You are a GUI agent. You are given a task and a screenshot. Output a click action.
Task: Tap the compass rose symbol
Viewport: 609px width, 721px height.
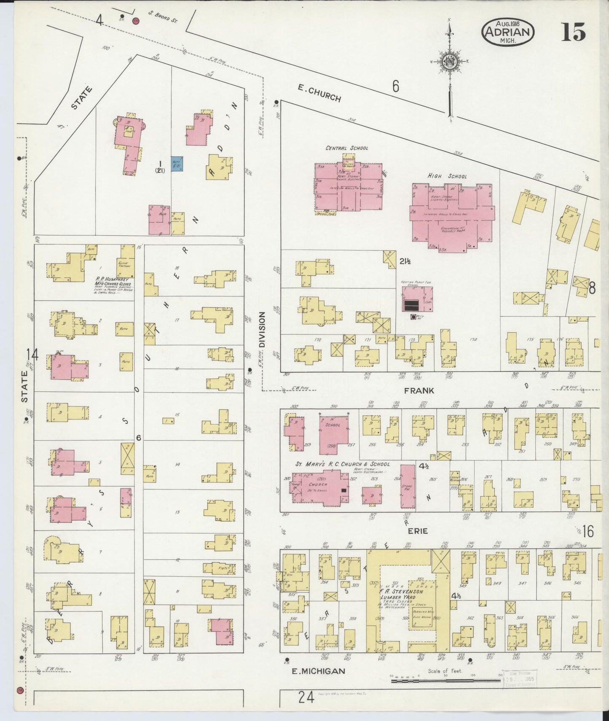[x=449, y=63]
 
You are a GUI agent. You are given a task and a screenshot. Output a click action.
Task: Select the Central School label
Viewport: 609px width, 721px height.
[x=346, y=148]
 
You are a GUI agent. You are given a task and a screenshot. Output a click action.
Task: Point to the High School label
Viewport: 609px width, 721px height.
[x=447, y=176]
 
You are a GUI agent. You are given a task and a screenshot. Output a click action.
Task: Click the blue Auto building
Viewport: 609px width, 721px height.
[x=176, y=164]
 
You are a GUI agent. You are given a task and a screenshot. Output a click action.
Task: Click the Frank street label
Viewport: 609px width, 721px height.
[x=419, y=391]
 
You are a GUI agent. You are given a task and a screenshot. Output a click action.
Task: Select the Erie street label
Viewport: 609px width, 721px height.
[x=417, y=531]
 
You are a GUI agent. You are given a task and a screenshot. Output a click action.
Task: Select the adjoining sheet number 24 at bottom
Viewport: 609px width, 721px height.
[x=306, y=698]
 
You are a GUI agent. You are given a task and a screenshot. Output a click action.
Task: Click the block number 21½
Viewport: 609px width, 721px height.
[x=405, y=261]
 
